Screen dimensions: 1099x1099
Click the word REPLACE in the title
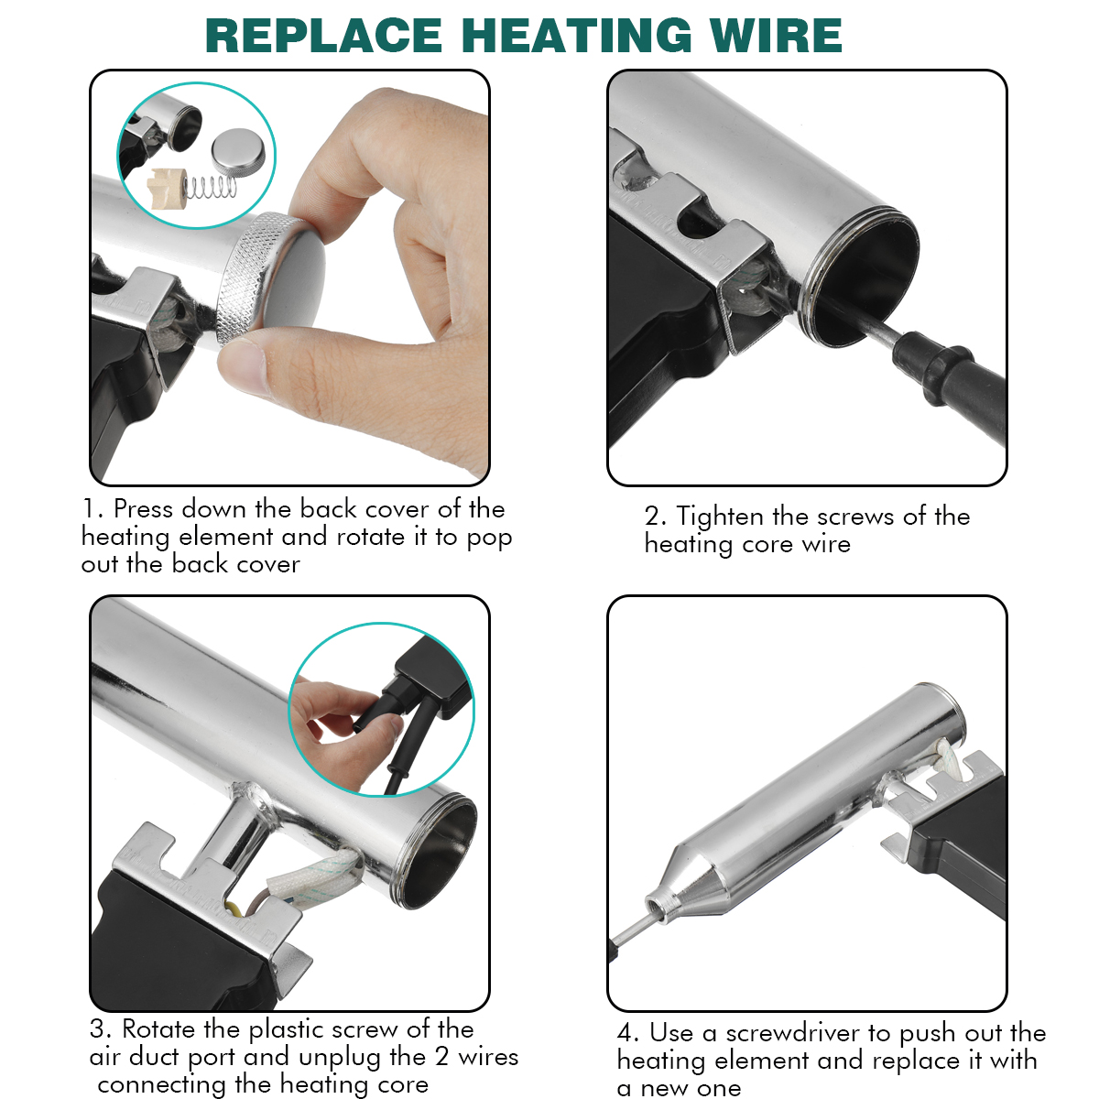pos(324,36)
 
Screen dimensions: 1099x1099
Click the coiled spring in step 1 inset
pos(211,187)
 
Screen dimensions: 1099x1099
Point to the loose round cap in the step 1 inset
pos(238,150)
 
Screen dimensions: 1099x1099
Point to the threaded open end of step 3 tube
pos(438,849)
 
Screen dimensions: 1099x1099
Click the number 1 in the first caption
pos(89,508)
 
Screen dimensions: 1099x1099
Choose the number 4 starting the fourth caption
pos(626,1033)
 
